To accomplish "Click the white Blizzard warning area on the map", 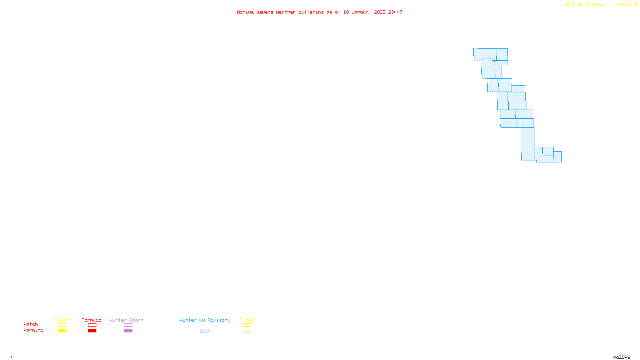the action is [x=548, y=137].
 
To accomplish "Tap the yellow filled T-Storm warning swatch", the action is [x=62, y=331].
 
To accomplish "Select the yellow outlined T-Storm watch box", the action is [x=62, y=325].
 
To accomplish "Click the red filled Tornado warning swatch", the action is [x=92, y=331].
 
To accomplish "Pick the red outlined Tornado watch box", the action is [x=92, y=325].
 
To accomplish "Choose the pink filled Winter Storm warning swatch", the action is [x=128, y=331].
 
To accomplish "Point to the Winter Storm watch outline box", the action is [x=128, y=325].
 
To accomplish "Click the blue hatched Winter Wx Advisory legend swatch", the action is [x=204, y=331].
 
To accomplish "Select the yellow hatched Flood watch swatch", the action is [x=247, y=325].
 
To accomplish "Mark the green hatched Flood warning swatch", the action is [x=247, y=331].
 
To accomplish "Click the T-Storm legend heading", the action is [x=62, y=320].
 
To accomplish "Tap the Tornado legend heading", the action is [x=92, y=320].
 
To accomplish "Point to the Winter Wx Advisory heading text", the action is [x=205, y=320].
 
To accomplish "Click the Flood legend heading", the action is [x=247, y=320].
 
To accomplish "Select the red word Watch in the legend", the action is [x=31, y=324].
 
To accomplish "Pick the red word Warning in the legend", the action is [x=33, y=330].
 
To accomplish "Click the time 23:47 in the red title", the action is [x=395, y=12].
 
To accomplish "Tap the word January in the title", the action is [x=362, y=12].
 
